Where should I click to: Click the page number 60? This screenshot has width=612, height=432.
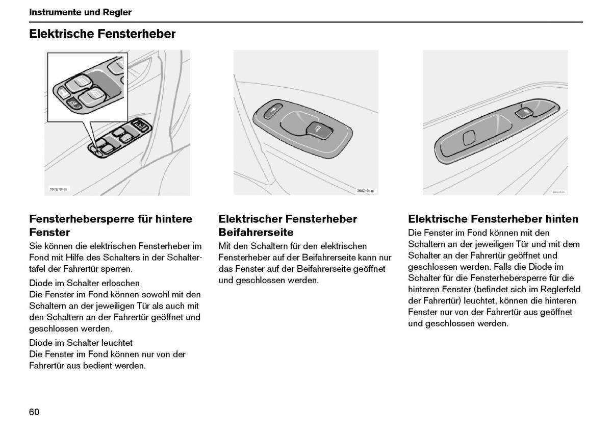click(x=34, y=412)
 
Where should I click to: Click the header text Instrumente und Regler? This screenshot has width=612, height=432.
click(x=80, y=12)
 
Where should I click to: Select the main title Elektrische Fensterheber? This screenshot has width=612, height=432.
click(x=102, y=34)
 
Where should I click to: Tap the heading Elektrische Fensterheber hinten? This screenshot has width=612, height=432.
click(x=493, y=219)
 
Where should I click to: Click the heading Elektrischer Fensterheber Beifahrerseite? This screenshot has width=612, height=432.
click(x=288, y=225)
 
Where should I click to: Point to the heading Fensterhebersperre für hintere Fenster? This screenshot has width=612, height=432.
click(x=111, y=225)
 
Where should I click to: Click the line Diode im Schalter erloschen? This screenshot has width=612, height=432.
click(x=84, y=283)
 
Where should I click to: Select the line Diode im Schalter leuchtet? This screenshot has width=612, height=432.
click(x=81, y=343)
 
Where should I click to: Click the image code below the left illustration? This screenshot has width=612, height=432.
click(x=58, y=189)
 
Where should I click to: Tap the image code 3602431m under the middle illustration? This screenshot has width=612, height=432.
click(x=365, y=191)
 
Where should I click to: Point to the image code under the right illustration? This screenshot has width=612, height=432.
click(x=558, y=192)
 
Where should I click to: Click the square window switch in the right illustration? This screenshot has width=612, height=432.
click(x=469, y=138)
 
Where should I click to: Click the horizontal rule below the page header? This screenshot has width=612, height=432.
click(x=306, y=22)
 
